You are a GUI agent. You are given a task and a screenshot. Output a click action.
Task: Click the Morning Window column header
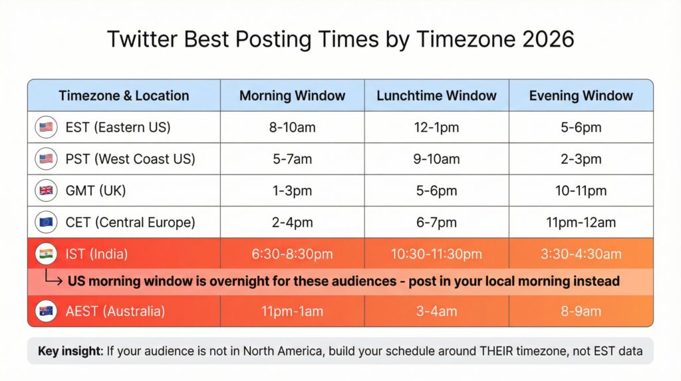[x=292, y=95]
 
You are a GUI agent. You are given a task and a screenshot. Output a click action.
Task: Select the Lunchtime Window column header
[x=436, y=95]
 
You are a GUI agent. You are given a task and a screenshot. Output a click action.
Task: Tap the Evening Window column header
[x=581, y=95]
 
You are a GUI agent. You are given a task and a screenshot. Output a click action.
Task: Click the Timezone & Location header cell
[x=124, y=95]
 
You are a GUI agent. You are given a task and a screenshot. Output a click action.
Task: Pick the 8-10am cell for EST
[x=292, y=127]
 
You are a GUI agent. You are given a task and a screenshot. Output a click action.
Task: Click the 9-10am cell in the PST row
[x=436, y=159]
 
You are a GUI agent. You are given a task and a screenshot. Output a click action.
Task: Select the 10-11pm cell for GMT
[x=581, y=191]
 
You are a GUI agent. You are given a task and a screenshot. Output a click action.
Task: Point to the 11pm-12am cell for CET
[x=581, y=222]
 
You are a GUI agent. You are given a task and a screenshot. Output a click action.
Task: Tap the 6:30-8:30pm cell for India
[x=292, y=254]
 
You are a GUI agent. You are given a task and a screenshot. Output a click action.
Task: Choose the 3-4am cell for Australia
[x=436, y=311]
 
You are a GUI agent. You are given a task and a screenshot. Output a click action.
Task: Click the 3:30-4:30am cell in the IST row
[x=581, y=254]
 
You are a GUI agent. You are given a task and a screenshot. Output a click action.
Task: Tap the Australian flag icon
[x=46, y=311]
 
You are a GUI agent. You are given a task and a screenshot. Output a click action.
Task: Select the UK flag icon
[x=46, y=191]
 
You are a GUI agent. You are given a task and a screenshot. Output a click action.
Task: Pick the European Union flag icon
[x=46, y=222]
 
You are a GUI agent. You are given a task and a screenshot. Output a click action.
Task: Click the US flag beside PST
[x=46, y=159]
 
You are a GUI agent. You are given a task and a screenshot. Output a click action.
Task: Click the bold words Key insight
[x=69, y=351]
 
